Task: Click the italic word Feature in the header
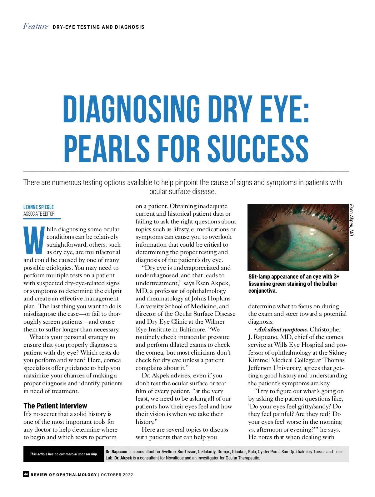click(x=36, y=26)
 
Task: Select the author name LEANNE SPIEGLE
click(x=38, y=207)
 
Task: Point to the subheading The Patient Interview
click(x=55, y=406)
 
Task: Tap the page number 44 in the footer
click(x=26, y=474)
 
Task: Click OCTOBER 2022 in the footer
click(x=117, y=474)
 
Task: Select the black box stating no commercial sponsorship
click(x=63, y=454)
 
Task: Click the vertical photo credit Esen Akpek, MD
click(x=352, y=220)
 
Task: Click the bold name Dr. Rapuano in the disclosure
click(x=116, y=452)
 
